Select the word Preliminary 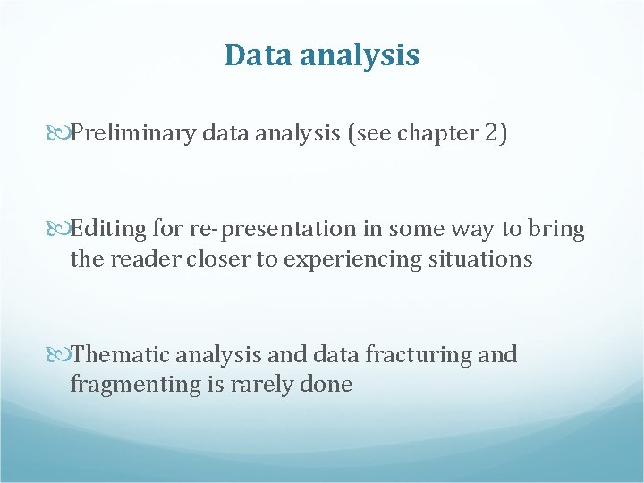[x=134, y=134]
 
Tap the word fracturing [x=416, y=356]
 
